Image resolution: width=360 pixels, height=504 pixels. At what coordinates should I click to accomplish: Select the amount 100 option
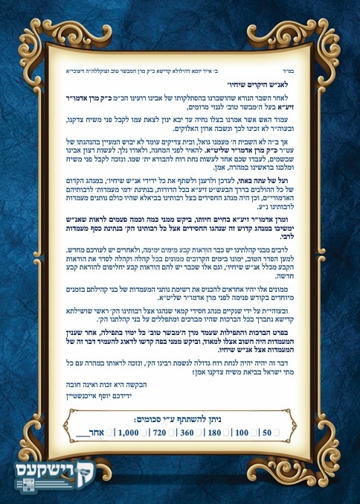point(242,432)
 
